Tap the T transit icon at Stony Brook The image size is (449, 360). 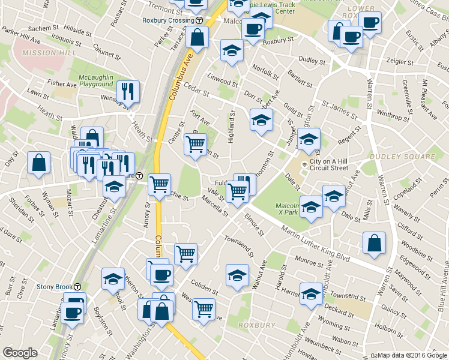pos(78,287)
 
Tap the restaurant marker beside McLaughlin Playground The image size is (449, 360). pos(128,92)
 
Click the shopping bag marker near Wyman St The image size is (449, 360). pos(38,163)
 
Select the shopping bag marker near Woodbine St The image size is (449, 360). pos(374,243)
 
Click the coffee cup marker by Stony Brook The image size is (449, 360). pos(72,313)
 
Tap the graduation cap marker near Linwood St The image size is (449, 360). pos(231,51)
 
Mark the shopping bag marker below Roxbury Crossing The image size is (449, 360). pos(197,37)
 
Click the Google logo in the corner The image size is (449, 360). pos(20,353)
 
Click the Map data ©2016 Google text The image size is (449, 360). pos(412,355)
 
